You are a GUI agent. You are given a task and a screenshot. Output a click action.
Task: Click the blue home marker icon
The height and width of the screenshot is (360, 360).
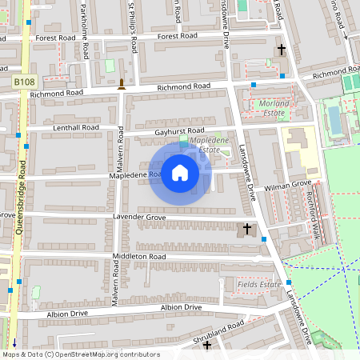[180, 173]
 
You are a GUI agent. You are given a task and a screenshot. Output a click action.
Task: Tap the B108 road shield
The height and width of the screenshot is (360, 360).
[25, 82]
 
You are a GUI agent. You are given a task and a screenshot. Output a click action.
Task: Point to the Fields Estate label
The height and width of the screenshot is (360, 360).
[260, 284]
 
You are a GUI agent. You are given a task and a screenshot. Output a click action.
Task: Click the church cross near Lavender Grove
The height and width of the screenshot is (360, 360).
[247, 230]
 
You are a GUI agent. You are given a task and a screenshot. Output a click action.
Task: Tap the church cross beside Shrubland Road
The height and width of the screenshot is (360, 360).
[207, 346]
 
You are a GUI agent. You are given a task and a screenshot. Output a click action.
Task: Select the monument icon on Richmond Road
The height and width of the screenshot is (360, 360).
[122, 84]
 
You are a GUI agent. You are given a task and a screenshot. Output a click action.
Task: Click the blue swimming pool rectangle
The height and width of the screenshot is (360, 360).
[334, 118]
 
